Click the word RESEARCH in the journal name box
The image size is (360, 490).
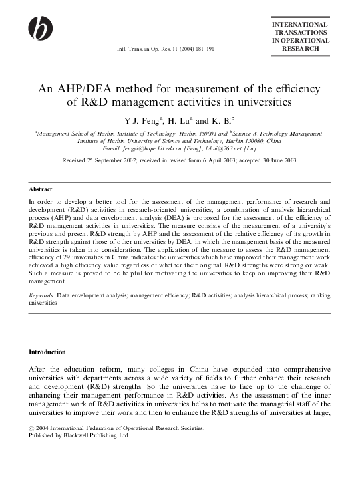[x=300, y=49]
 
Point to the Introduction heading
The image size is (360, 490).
[x=47, y=352]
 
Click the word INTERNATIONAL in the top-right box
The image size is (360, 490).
[x=300, y=25]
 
